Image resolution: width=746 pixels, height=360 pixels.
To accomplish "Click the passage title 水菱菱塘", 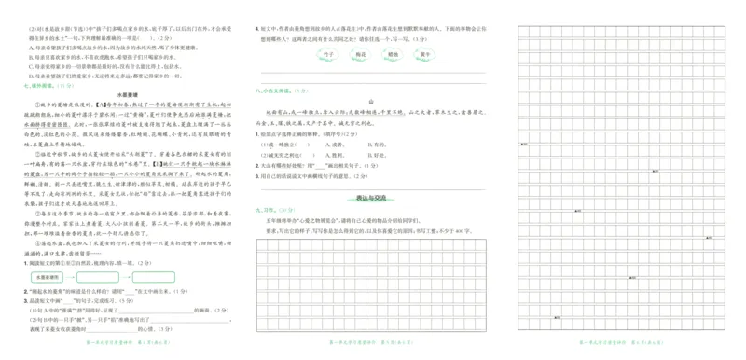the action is point(124,94).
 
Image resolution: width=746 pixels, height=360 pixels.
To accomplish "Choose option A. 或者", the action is point(329,144).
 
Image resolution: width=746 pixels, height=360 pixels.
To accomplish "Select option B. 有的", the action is point(372,144).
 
